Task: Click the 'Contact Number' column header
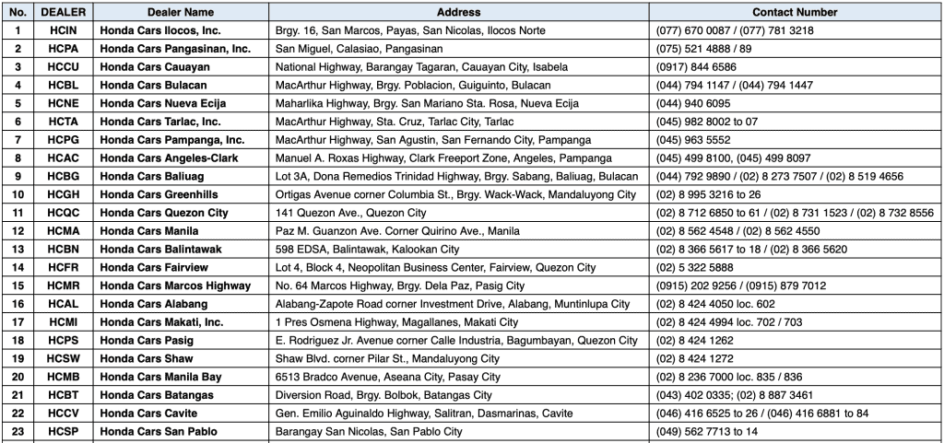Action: point(794,12)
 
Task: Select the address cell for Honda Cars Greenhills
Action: point(455,194)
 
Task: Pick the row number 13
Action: point(18,249)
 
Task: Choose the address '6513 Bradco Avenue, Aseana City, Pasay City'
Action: point(388,377)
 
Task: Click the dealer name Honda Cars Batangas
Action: point(157,395)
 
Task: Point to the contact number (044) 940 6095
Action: point(692,103)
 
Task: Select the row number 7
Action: point(18,140)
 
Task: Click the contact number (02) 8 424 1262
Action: point(694,340)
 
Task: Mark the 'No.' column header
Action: point(18,12)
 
